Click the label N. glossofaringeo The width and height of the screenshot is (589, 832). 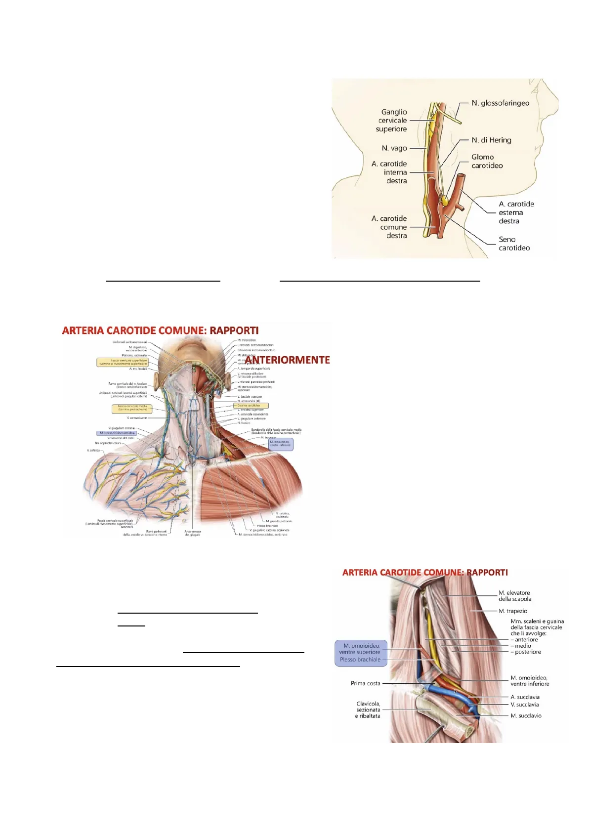[500, 103]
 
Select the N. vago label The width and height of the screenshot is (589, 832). [394, 148]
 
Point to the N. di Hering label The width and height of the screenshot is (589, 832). [491, 140]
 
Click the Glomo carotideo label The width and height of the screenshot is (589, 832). [487, 162]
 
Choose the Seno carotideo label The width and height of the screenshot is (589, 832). [514, 244]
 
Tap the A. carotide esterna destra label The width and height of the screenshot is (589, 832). [516, 212]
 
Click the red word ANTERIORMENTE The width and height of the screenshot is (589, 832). [288, 360]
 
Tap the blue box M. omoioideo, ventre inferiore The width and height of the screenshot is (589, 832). [280, 444]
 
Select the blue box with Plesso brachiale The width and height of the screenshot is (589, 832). [360, 660]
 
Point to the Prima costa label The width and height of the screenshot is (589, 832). [365, 684]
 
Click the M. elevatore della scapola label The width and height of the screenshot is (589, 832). [515, 596]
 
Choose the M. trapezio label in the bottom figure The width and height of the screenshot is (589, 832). [513, 611]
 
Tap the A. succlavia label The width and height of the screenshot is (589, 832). [525, 697]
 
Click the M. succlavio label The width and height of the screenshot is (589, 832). [526, 716]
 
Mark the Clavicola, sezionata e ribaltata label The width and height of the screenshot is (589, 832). [368, 710]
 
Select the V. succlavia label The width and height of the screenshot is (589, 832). [525, 705]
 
